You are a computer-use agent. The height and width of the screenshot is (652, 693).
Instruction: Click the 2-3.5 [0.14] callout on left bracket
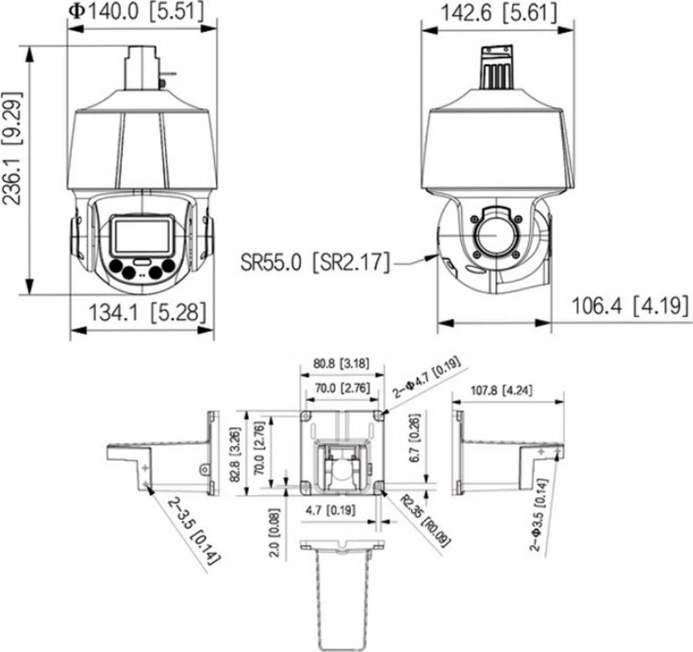click(x=193, y=530)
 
